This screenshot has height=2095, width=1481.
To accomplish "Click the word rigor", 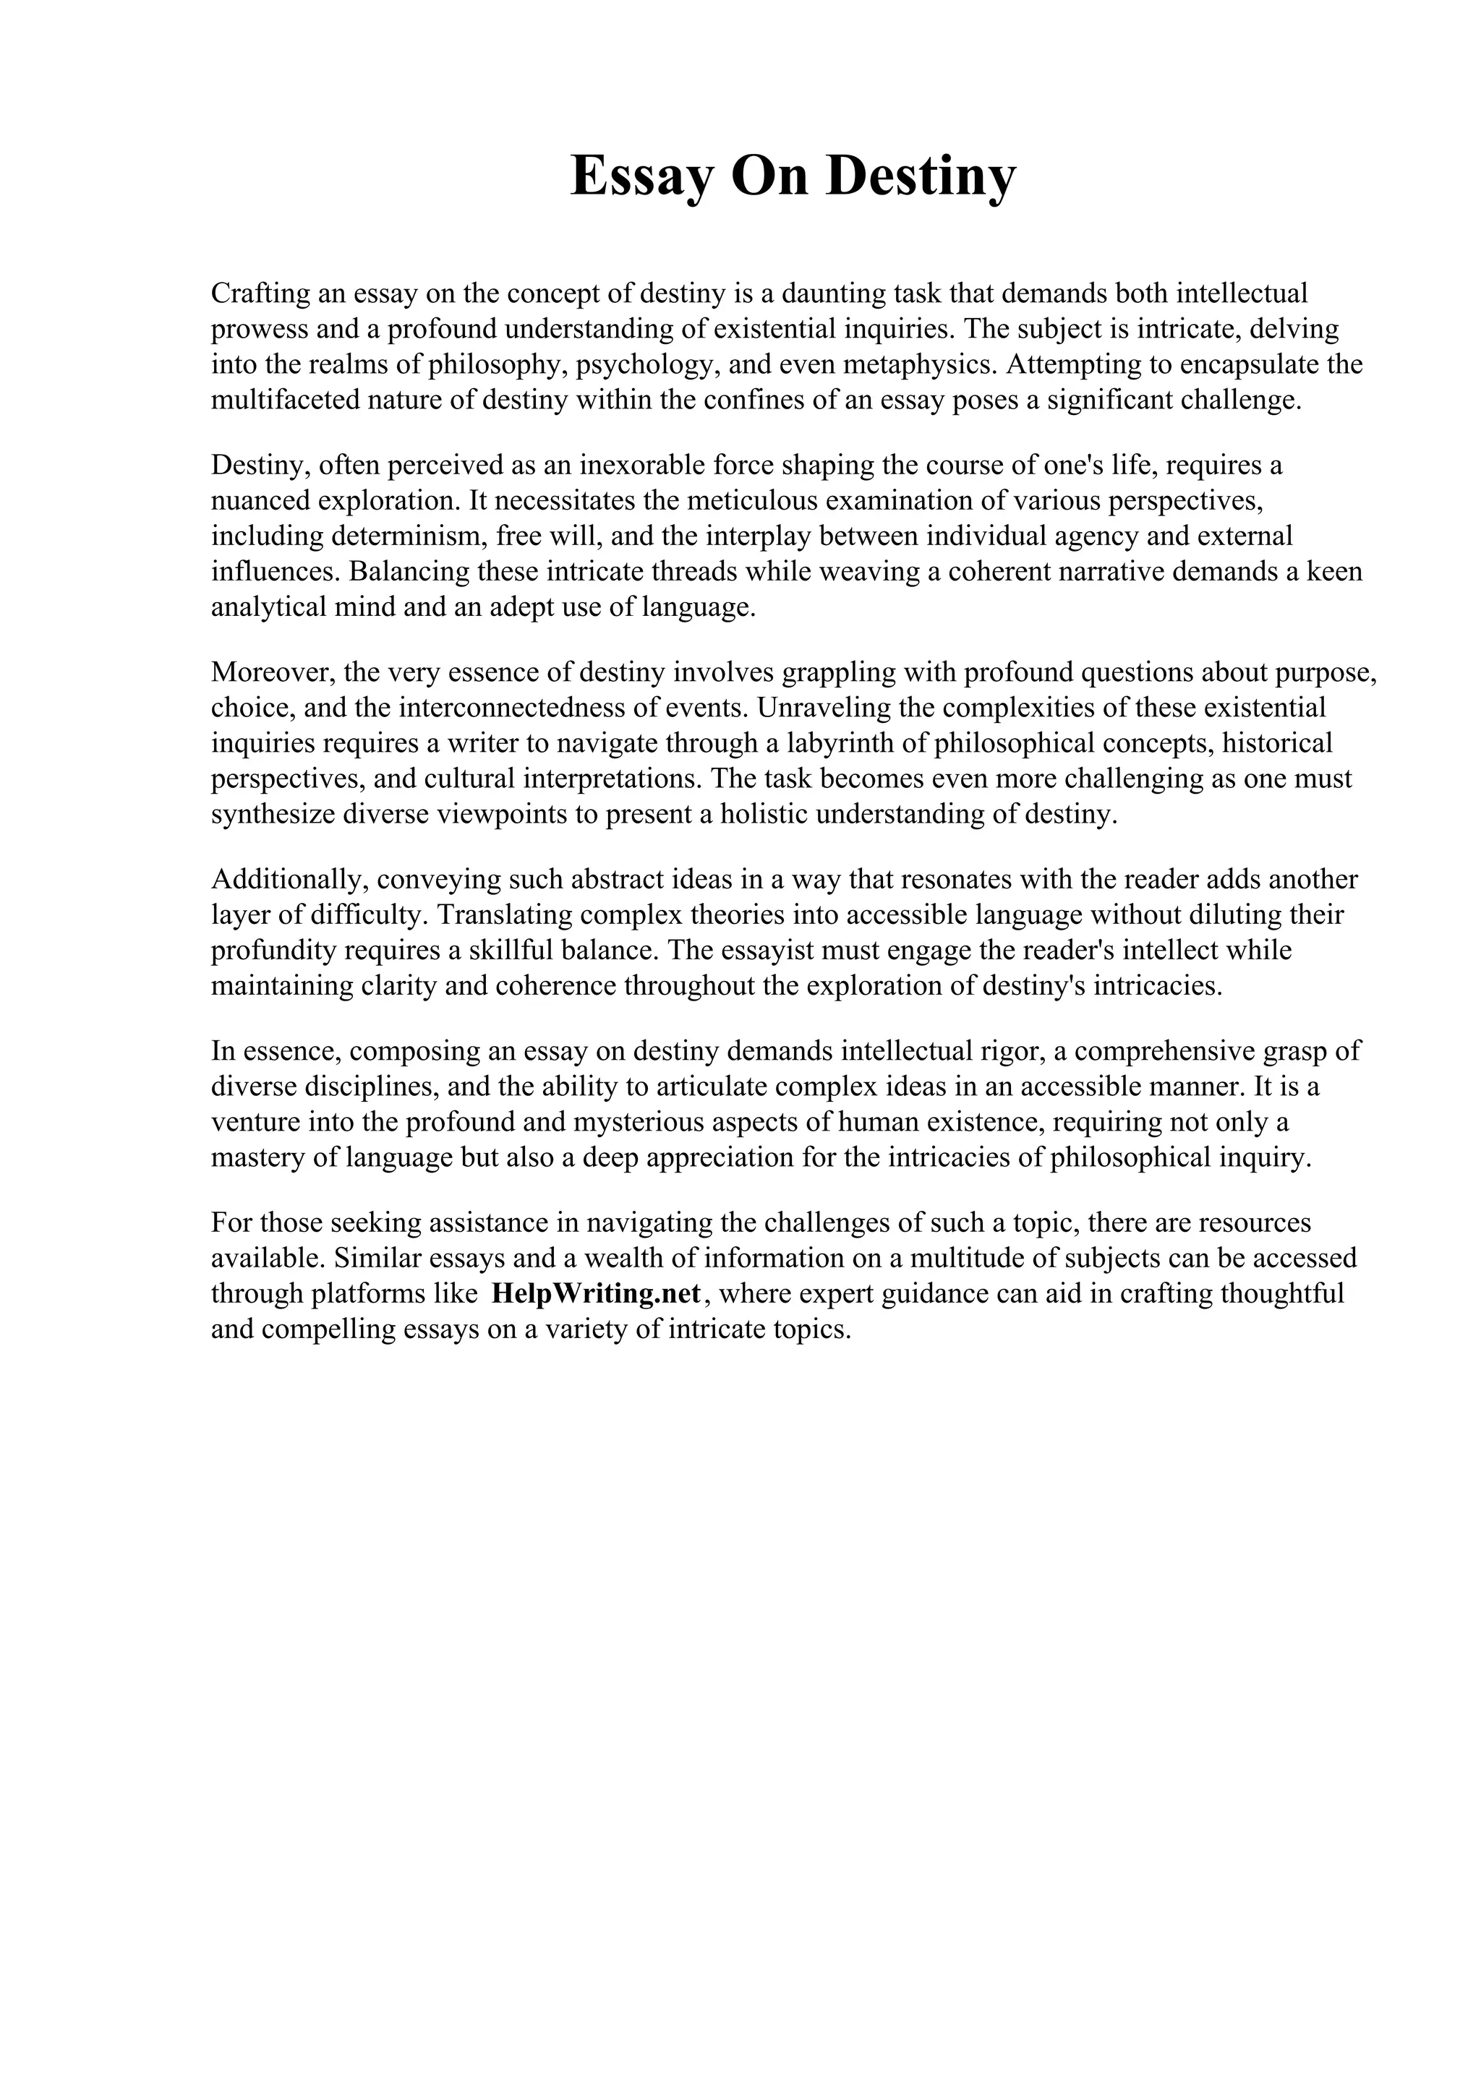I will click(x=1010, y=1051).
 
